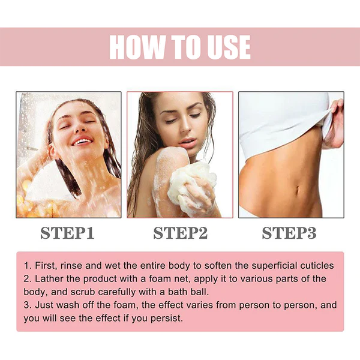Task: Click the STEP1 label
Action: tap(67, 233)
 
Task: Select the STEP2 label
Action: tap(180, 233)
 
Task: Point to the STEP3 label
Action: tap(289, 233)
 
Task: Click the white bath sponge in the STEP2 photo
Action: tap(191, 184)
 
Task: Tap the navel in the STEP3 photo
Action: tap(298, 190)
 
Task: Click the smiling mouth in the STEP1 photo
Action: tap(80, 141)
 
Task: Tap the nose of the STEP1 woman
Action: tap(80, 128)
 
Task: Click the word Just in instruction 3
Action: tap(44, 305)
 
